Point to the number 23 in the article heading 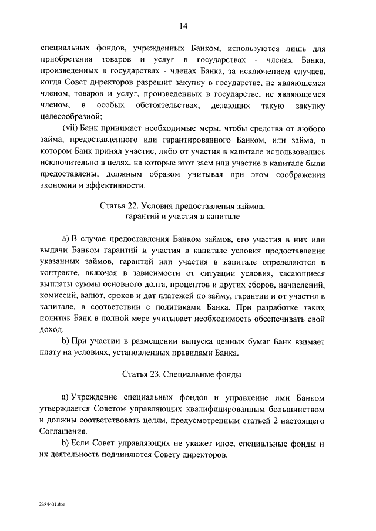(149, 373)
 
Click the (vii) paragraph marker (72, 128)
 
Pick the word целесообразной (72, 116)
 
